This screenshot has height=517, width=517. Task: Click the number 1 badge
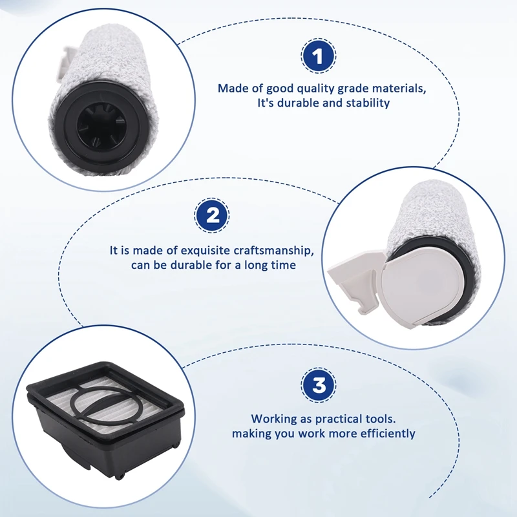coord(318,57)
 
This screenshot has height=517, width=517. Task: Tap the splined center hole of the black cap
coord(97,125)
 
